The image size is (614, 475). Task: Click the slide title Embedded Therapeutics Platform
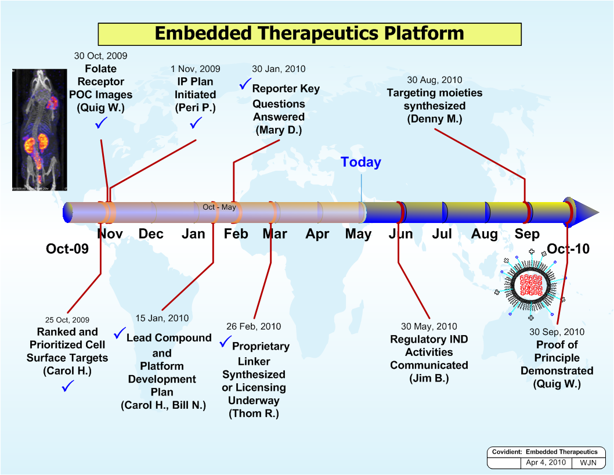click(309, 33)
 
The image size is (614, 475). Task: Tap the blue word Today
click(360, 162)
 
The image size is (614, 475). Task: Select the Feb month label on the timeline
click(236, 234)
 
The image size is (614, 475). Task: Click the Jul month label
click(442, 234)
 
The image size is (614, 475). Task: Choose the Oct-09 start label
click(67, 249)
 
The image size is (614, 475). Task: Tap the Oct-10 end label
click(568, 249)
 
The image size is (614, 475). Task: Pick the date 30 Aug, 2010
click(434, 80)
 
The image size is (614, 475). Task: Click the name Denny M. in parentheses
click(434, 119)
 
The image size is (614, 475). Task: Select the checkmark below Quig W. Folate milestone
click(101, 123)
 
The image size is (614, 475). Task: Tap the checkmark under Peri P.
click(195, 123)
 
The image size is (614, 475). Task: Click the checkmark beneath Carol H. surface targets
click(67, 386)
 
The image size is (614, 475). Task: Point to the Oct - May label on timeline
click(219, 207)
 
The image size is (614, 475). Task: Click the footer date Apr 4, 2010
click(546, 463)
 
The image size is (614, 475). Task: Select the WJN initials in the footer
click(588, 463)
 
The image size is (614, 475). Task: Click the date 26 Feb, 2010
click(253, 327)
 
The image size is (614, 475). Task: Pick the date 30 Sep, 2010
click(557, 332)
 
